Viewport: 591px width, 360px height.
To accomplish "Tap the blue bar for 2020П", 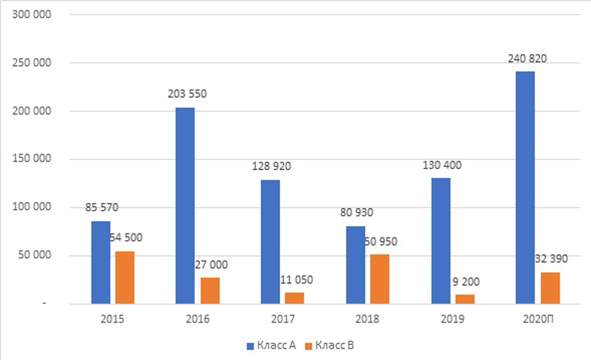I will pyautogui.click(x=526, y=187).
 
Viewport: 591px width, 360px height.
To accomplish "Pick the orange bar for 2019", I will pyautogui.click(x=465, y=299).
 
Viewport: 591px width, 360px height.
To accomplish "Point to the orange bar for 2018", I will pyautogui.click(x=381, y=279).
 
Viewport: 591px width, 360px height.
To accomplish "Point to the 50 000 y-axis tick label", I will pyautogui.click(x=33, y=256).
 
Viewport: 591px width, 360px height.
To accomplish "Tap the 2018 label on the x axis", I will pyautogui.click(x=367, y=318).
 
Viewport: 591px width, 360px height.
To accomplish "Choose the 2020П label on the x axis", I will pyautogui.click(x=537, y=318).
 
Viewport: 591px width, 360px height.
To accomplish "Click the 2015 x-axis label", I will pyautogui.click(x=112, y=318).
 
